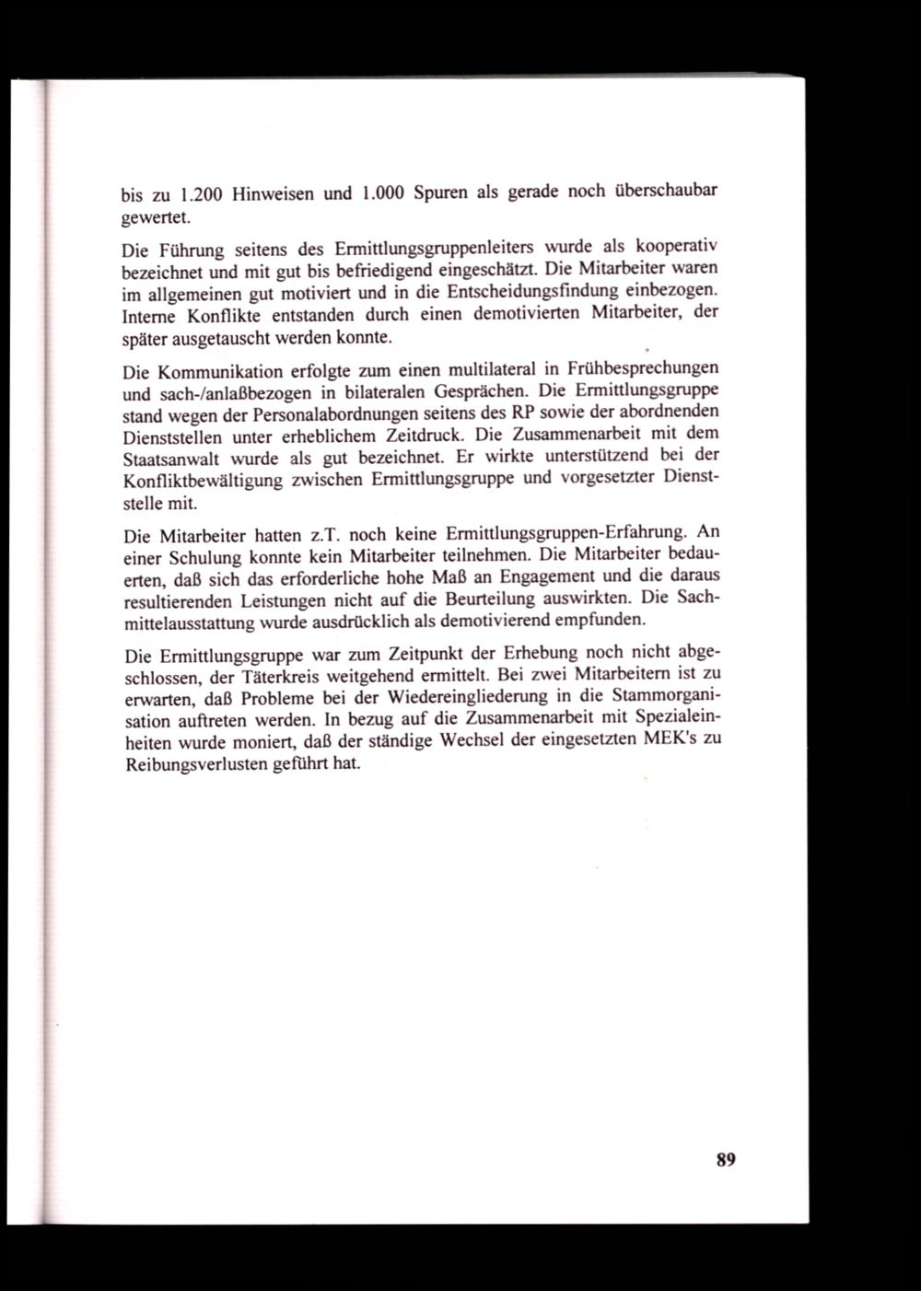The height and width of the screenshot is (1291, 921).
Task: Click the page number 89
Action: click(x=725, y=1159)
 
